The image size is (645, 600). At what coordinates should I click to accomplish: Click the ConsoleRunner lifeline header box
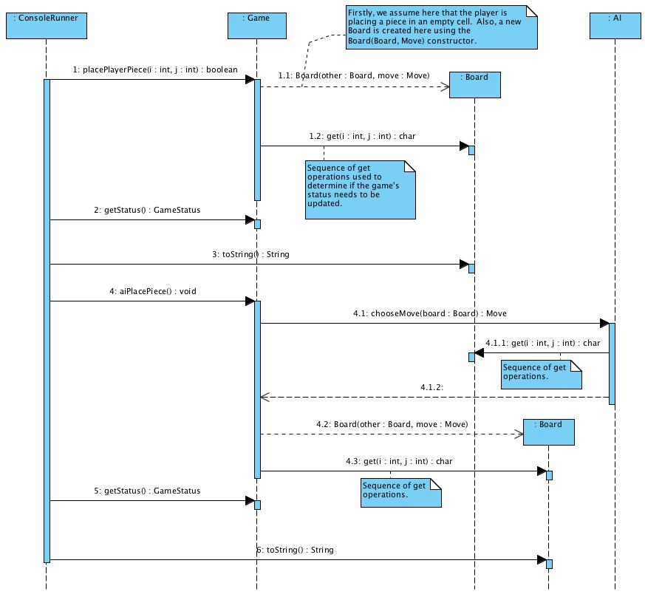tap(46, 26)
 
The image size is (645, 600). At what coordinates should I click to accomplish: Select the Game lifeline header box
tap(256, 26)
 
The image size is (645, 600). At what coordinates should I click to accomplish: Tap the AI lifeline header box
tap(614, 26)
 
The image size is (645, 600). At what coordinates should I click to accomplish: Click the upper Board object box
tap(474, 85)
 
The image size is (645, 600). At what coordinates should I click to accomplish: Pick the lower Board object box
tap(548, 432)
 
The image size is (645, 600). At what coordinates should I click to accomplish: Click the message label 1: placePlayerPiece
tap(155, 70)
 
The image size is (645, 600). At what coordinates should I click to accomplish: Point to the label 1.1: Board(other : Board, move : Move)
tap(353, 75)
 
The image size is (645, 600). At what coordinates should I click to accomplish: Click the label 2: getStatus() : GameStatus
tap(147, 210)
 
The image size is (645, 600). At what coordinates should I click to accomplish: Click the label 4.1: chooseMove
tap(430, 313)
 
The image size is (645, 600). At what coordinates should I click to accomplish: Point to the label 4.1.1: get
tap(542, 343)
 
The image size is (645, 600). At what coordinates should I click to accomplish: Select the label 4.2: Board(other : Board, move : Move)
tap(392, 424)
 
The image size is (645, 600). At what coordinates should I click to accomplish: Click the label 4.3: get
tap(399, 461)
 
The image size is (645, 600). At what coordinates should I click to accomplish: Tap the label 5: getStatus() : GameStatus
tap(147, 491)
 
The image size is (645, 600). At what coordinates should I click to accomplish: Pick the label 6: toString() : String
tap(296, 550)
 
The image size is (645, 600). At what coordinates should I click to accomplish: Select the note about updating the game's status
tap(360, 190)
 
